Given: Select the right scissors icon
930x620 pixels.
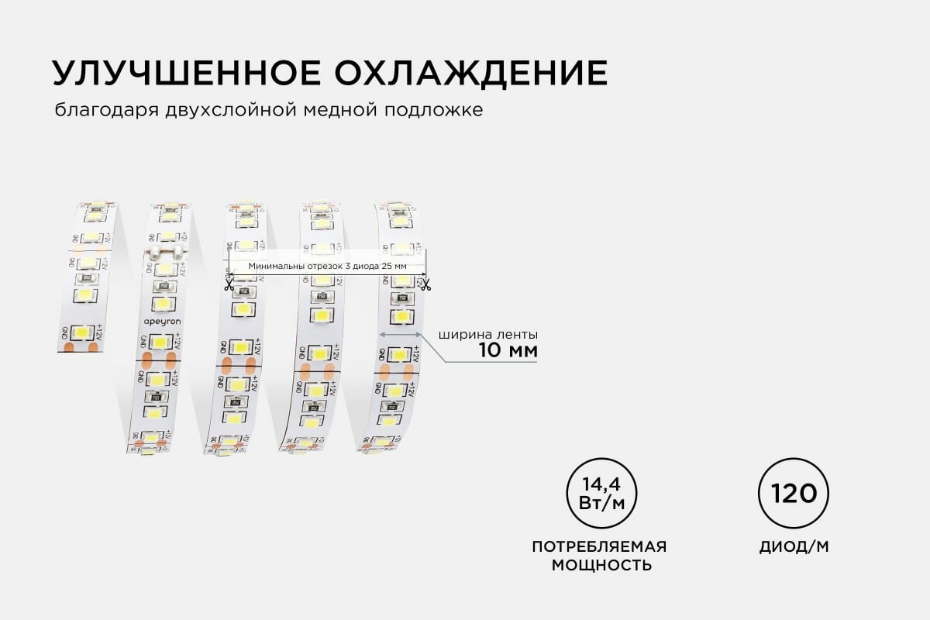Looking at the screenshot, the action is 425,284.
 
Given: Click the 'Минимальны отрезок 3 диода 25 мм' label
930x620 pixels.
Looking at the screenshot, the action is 327,266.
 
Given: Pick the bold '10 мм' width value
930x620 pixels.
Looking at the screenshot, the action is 508,351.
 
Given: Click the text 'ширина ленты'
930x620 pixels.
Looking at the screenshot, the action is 488,335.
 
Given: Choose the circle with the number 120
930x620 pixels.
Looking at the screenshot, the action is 794,494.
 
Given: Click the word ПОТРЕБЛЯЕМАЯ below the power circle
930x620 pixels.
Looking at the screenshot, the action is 599,546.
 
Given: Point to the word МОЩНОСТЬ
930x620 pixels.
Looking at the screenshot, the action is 601,565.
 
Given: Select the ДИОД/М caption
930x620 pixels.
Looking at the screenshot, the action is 794,546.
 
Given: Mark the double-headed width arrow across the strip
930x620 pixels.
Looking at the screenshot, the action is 400,334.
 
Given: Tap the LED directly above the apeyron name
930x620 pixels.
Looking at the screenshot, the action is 162,303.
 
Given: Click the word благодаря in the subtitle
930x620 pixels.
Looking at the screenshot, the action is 107,111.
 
